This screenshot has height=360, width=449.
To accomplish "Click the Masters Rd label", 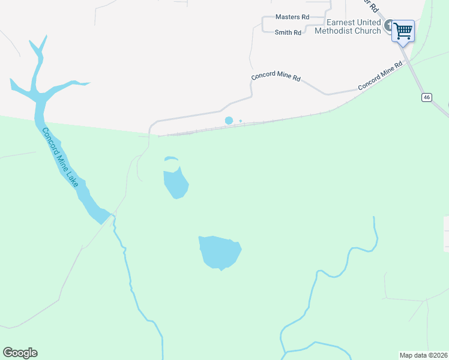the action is click(292, 17).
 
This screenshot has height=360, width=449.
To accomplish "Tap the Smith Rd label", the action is click(288, 32).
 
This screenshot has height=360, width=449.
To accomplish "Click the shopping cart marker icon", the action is click(403, 30).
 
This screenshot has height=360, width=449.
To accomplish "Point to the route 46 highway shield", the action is click(427, 97).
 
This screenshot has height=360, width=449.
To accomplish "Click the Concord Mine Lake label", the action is click(59, 157).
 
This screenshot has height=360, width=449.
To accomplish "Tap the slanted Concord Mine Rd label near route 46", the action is click(380, 76).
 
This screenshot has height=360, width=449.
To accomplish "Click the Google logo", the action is click(20, 353).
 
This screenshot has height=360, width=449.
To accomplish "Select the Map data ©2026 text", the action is click(424, 355).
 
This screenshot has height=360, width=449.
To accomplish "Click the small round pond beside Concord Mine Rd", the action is click(229, 121).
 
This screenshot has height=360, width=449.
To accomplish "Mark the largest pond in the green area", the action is click(220, 252).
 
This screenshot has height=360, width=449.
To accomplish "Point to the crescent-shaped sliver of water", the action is click(171, 159).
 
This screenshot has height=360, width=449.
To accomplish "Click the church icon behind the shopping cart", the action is click(389, 26).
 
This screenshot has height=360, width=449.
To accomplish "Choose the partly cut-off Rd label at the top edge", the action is click(373, 8).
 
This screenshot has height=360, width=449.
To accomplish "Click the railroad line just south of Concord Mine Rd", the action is click(240, 125).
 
